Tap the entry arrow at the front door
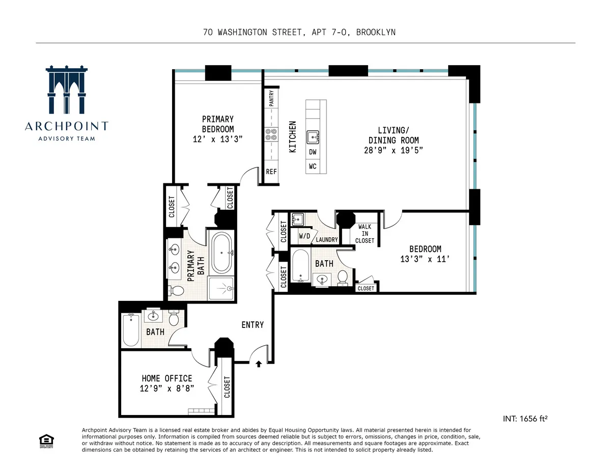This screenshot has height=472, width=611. pyautogui.click(x=259, y=364)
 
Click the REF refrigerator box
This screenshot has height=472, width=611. pyautogui.click(x=271, y=172)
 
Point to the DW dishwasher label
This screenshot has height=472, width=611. pyautogui.click(x=313, y=152)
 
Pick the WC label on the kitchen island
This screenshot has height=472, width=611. pyautogui.click(x=313, y=166)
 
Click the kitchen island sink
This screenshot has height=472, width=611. pyautogui.click(x=313, y=136)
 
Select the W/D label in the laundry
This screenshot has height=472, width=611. pyautogui.click(x=304, y=236)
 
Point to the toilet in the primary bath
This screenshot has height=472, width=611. pyautogui.click(x=177, y=291)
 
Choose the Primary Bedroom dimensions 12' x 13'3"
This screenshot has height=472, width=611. pyautogui.click(x=217, y=139)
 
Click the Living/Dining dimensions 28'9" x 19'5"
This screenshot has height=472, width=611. pyautogui.click(x=394, y=150)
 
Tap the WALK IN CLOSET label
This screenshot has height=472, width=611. pyautogui.click(x=365, y=234)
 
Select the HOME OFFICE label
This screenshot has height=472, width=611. pyautogui.click(x=166, y=378)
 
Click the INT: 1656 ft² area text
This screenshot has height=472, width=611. pyautogui.click(x=525, y=419)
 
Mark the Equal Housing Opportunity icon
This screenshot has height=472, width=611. pyautogui.click(x=45, y=441)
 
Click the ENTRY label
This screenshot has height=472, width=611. pyautogui.click(x=253, y=325)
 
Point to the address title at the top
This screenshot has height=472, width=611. pyautogui.click(x=299, y=33)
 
